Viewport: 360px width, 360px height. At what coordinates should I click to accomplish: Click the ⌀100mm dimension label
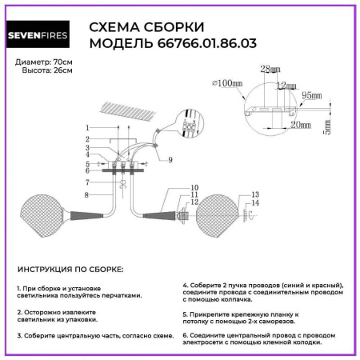pyautogui.click(x=229, y=83)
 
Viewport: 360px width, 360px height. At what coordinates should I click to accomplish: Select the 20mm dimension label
pyautogui.click(x=301, y=125)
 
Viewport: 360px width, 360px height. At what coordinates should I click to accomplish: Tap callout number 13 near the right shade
pyautogui.click(x=255, y=194)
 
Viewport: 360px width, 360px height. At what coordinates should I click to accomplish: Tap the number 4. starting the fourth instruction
pyautogui.click(x=186, y=285)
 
